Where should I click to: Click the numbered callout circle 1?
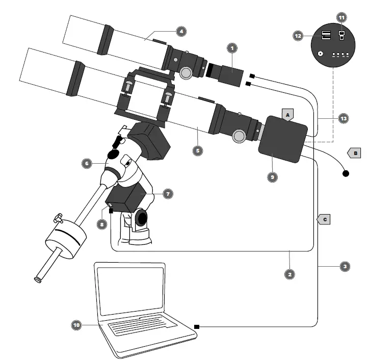[232, 48]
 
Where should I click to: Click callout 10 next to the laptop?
[76, 324]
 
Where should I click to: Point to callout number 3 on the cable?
[345, 266]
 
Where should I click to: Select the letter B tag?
[354, 152]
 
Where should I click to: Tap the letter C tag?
[324, 220]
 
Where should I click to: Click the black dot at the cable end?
[346, 173]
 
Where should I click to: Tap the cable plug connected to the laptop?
[197, 326]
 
